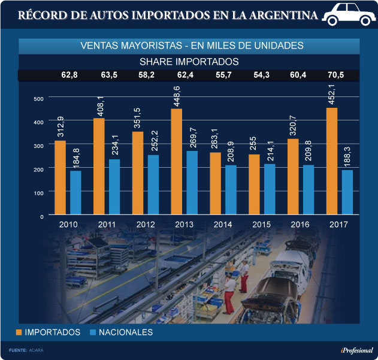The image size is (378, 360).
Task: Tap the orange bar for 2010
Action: coord(61,177)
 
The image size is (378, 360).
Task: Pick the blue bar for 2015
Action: coord(270,189)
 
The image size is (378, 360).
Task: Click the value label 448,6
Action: coord(177,95)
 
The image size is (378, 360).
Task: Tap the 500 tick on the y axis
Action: coord(38,99)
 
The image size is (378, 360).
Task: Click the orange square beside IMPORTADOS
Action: coord(19,332)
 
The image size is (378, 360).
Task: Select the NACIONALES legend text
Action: coord(126,332)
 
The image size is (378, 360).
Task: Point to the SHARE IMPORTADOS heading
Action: coord(189,61)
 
